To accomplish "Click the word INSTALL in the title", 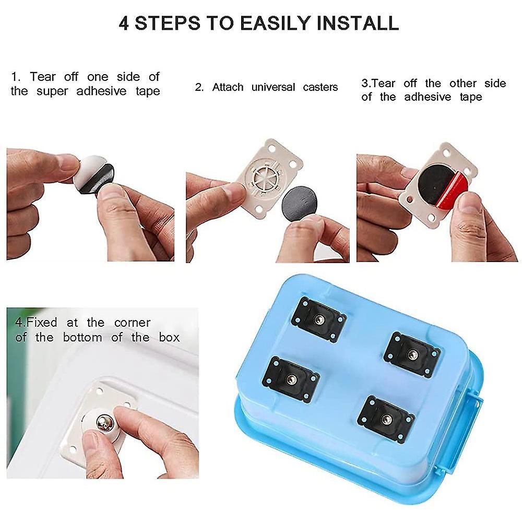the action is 358,23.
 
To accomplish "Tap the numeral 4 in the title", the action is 124,23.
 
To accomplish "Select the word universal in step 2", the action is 274,87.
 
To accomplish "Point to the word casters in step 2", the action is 321,87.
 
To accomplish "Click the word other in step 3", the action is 463,83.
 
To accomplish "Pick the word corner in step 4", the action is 132,323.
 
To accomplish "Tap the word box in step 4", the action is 169,338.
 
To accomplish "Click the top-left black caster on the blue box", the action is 318,319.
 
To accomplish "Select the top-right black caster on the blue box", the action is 412,354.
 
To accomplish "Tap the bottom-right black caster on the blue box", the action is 386,419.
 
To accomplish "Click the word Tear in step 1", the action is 43,77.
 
